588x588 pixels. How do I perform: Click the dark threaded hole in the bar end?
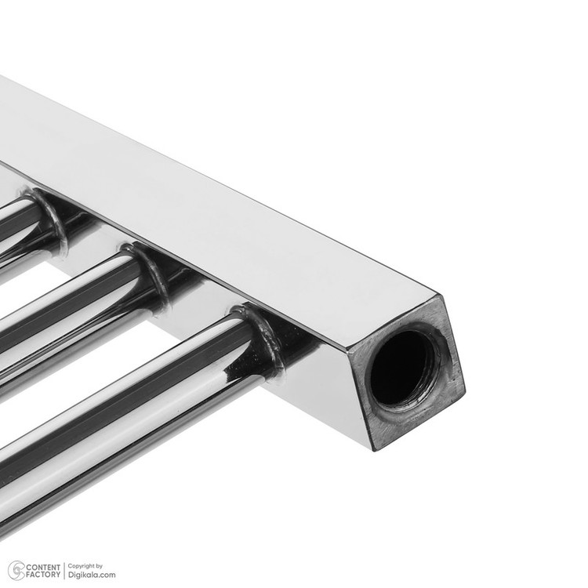point(402,368)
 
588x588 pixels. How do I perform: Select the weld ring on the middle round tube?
point(149,270)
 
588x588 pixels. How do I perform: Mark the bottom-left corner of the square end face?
point(374,451)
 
